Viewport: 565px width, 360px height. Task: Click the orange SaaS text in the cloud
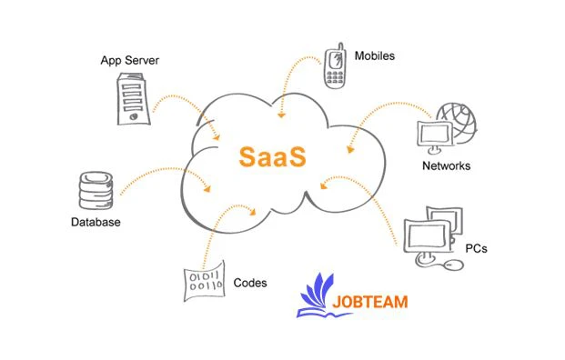pos(273,154)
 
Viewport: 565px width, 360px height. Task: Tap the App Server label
pos(130,61)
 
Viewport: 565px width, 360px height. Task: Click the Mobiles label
pos(375,55)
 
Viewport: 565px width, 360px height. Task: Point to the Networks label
pos(447,166)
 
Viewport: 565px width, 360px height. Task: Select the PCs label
pos(476,247)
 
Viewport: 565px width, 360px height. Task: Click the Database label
pos(96,222)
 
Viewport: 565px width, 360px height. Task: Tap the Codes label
pos(250,283)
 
